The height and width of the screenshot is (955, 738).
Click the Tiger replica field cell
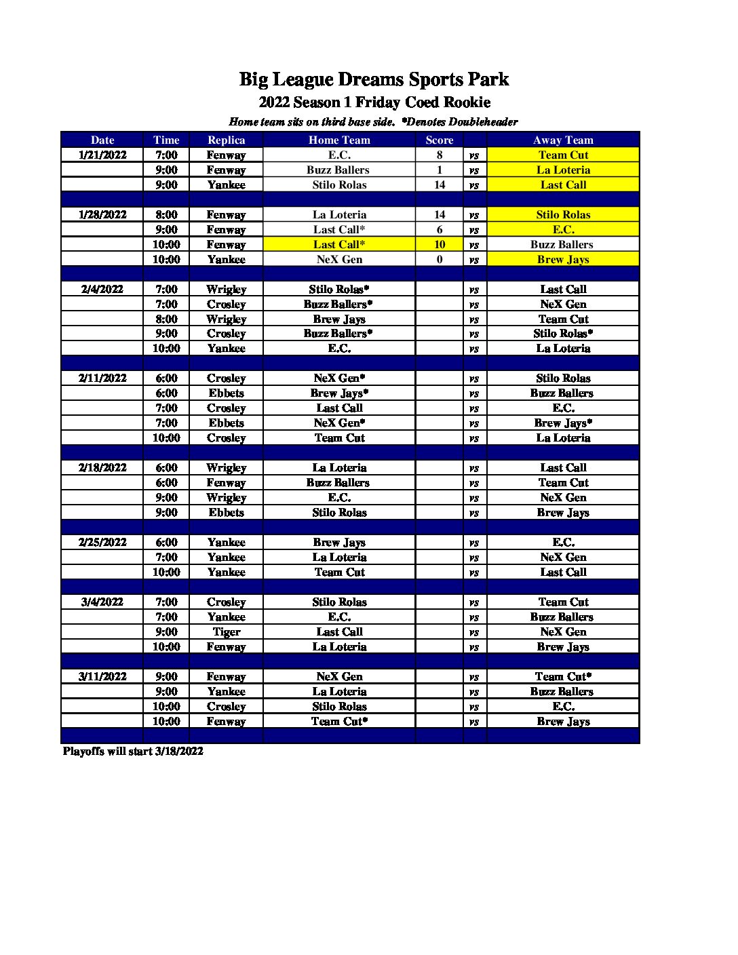pyautogui.click(x=226, y=631)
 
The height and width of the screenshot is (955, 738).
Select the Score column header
pyautogui.click(x=440, y=140)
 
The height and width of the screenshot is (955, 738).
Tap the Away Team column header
pyautogui.click(x=563, y=140)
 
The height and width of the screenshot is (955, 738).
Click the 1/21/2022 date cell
pyautogui.click(x=102, y=155)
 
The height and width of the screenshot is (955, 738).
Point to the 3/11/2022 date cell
pyautogui.click(x=102, y=676)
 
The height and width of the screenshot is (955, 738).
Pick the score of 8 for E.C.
pyautogui.click(x=440, y=155)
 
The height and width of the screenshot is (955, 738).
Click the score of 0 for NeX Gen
pyautogui.click(x=440, y=259)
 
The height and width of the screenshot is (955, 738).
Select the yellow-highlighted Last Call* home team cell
pyautogui.click(x=339, y=244)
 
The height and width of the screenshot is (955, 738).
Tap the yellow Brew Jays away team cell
pyautogui.click(x=563, y=259)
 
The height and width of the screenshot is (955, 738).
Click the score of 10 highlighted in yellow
pyautogui.click(x=440, y=244)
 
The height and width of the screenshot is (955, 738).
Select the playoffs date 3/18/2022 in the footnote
pyautogui.click(x=178, y=751)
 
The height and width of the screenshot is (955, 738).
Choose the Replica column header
pyautogui.click(x=226, y=140)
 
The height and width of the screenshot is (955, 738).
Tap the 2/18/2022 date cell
pyautogui.click(x=102, y=467)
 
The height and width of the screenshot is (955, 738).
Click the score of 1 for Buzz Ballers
pyautogui.click(x=440, y=170)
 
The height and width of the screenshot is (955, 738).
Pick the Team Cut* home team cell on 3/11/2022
pyautogui.click(x=339, y=721)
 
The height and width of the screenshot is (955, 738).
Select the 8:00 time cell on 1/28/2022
pyautogui.click(x=166, y=214)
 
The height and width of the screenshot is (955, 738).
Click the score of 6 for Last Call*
pyautogui.click(x=440, y=229)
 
